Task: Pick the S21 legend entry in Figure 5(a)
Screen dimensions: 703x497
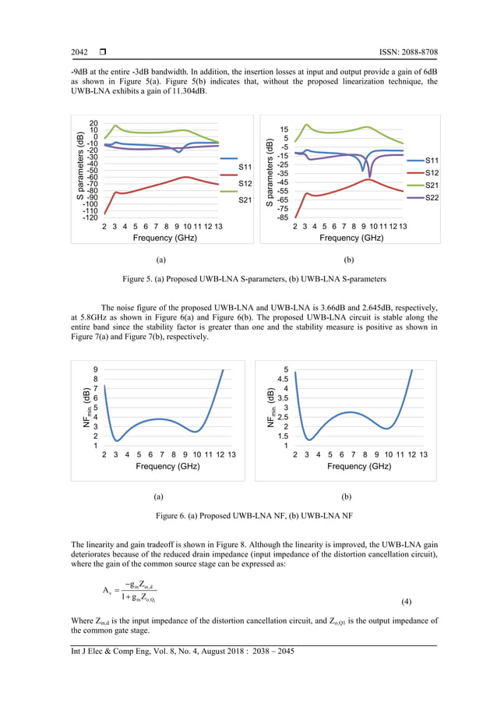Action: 245,200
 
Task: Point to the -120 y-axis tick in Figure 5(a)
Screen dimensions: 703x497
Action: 89,218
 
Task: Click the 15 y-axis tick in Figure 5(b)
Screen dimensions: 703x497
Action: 284,129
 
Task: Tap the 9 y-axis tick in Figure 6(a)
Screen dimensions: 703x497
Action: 95,369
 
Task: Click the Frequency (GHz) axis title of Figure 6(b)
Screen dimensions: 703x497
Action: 358,466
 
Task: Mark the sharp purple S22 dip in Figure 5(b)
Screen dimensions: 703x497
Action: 370,175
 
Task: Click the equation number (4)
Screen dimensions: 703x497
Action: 428,604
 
